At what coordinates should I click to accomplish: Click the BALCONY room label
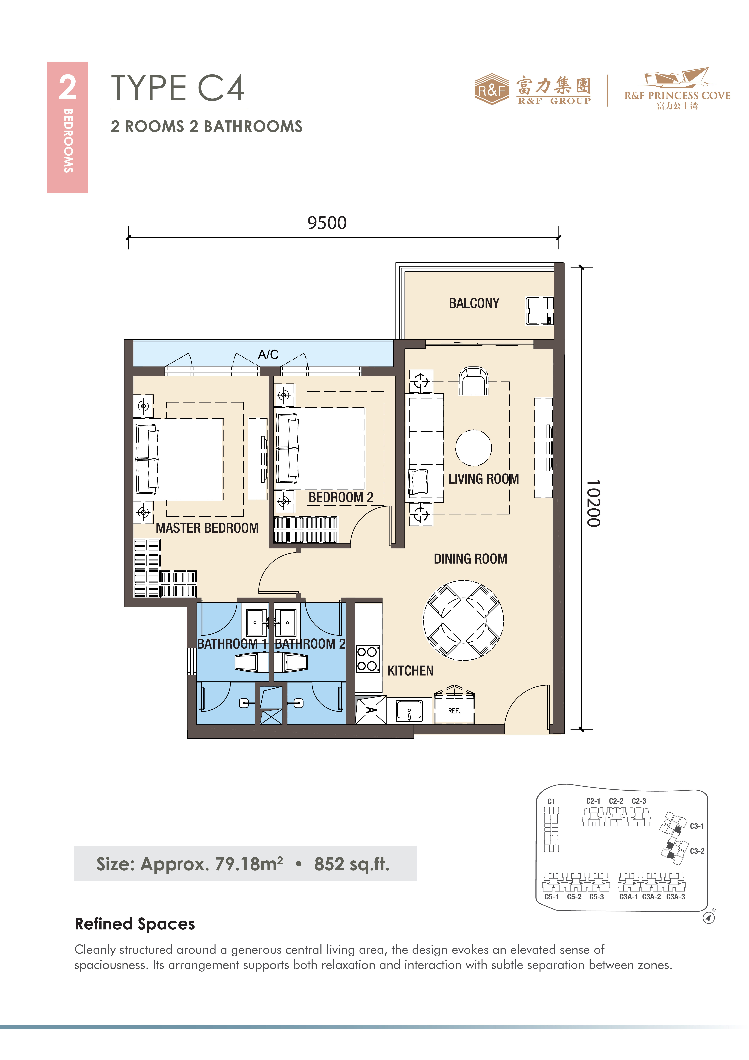(474, 303)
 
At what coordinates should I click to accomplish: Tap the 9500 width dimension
(327, 223)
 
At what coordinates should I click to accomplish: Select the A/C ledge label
(268, 355)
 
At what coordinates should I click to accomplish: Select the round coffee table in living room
(473, 448)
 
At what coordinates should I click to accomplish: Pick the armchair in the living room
(473, 381)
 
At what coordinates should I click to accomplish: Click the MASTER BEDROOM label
(207, 528)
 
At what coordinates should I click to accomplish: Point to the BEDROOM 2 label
(341, 497)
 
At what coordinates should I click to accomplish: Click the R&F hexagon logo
(492, 89)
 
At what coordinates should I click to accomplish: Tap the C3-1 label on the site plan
(697, 826)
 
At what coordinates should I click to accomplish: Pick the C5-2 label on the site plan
(574, 897)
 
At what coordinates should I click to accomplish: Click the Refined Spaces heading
(135, 924)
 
